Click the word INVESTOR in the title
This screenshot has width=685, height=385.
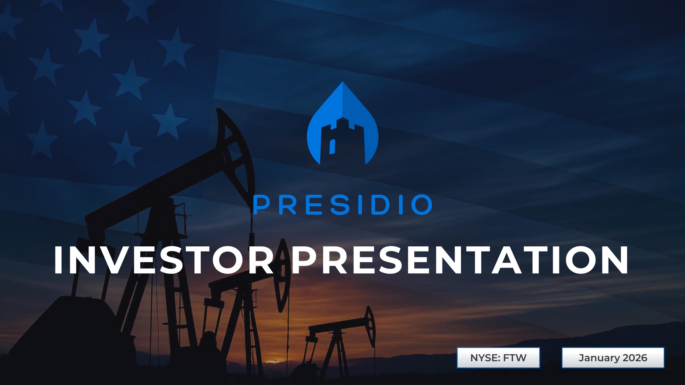click(164, 260)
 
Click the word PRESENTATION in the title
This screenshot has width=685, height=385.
click(460, 260)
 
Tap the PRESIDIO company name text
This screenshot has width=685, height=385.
click(342, 205)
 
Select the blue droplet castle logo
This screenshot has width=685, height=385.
click(342, 123)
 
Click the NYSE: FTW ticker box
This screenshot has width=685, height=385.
click(498, 358)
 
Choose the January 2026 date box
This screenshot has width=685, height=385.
click(613, 358)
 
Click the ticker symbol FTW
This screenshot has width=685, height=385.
click(515, 358)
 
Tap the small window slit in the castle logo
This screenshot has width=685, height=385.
click(332, 146)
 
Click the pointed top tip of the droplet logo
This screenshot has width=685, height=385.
click(342, 82)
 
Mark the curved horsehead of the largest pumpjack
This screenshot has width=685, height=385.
click(236, 151)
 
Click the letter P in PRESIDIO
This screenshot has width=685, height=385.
click(261, 205)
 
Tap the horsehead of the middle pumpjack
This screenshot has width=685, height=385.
click(283, 274)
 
